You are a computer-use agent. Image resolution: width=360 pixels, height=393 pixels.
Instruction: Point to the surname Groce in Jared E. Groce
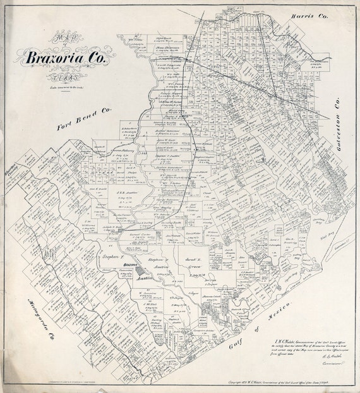(x=197, y=268)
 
